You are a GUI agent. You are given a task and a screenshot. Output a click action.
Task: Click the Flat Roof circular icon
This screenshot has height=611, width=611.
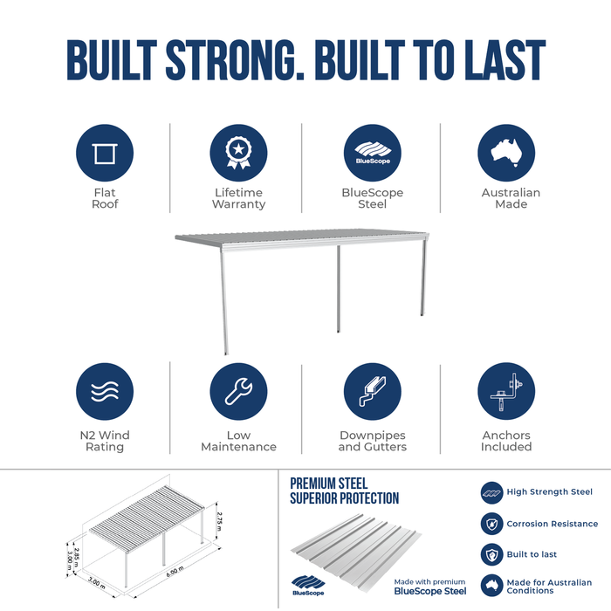[x=105, y=153]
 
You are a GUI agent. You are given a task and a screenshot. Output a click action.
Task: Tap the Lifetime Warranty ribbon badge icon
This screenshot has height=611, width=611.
[x=238, y=153]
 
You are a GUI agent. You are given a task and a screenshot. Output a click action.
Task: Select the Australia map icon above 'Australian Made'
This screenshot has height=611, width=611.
[x=506, y=153]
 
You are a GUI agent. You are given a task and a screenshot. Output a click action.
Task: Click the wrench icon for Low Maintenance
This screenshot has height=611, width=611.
[x=238, y=392]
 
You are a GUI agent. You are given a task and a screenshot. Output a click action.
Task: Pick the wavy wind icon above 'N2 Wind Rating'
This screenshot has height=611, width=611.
[x=105, y=392]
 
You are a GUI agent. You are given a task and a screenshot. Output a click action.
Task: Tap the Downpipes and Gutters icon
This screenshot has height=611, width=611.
[x=372, y=392]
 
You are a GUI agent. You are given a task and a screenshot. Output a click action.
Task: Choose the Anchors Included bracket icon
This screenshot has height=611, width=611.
[x=506, y=391]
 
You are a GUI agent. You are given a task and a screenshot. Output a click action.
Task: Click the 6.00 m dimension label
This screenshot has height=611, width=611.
[x=175, y=572]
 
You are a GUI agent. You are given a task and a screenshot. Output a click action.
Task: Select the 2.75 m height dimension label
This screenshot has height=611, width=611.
[x=219, y=521]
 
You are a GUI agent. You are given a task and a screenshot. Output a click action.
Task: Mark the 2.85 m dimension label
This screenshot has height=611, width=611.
[x=77, y=556]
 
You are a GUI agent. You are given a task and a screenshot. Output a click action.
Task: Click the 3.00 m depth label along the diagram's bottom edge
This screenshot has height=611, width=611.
[x=96, y=583]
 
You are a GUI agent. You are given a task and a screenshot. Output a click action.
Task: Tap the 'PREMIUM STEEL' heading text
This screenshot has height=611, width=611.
[x=328, y=484]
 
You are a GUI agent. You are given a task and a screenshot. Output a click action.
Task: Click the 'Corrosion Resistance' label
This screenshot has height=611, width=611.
[x=553, y=524]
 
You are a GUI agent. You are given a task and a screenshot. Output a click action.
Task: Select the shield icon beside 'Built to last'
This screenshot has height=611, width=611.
[x=491, y=554]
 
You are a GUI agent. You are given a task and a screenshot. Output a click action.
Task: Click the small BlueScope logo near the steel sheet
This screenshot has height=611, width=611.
[x=308, y=586]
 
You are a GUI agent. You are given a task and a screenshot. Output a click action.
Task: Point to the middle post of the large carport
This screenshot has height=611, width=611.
[x=339, y=289]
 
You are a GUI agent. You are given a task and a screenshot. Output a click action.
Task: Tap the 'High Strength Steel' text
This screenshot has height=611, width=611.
[x=549, y=491]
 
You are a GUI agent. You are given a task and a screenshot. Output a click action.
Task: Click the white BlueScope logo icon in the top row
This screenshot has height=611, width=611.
[x=373, y=153]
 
